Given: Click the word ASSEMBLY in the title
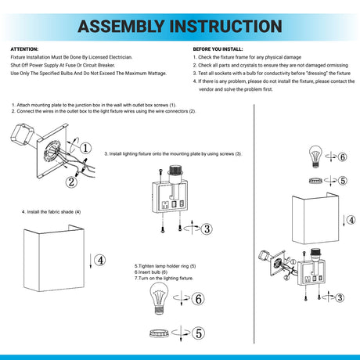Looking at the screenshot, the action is (121, 26).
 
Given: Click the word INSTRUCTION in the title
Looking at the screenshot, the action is (226, 26).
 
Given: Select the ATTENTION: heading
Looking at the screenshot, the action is (24, 49).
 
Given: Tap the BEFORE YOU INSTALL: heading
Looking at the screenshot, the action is (218, 49).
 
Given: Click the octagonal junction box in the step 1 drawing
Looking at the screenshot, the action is (23, 135).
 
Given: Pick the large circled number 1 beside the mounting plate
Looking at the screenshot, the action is (85, 148).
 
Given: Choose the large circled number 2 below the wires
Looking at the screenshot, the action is (71, 182).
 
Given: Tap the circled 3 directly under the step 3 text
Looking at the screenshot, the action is (207, 229).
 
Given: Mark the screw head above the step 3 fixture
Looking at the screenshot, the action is (160, 171).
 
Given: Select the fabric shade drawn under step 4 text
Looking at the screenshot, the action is (54, 258).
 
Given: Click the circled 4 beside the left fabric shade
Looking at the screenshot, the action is (100, 260).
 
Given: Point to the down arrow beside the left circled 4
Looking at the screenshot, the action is (91, 260).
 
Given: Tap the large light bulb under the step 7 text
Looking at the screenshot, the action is (159, 298).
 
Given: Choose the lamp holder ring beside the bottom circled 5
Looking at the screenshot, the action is (159, 333).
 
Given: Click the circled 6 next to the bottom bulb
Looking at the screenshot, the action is (198, 299).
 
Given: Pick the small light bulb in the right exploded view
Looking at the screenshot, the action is (315, 157).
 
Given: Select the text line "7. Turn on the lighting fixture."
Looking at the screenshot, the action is (164, 279).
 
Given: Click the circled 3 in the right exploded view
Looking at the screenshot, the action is (340, 297).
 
